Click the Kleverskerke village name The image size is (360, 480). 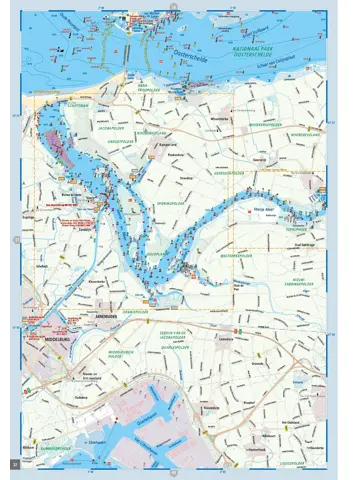coord(100,283)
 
